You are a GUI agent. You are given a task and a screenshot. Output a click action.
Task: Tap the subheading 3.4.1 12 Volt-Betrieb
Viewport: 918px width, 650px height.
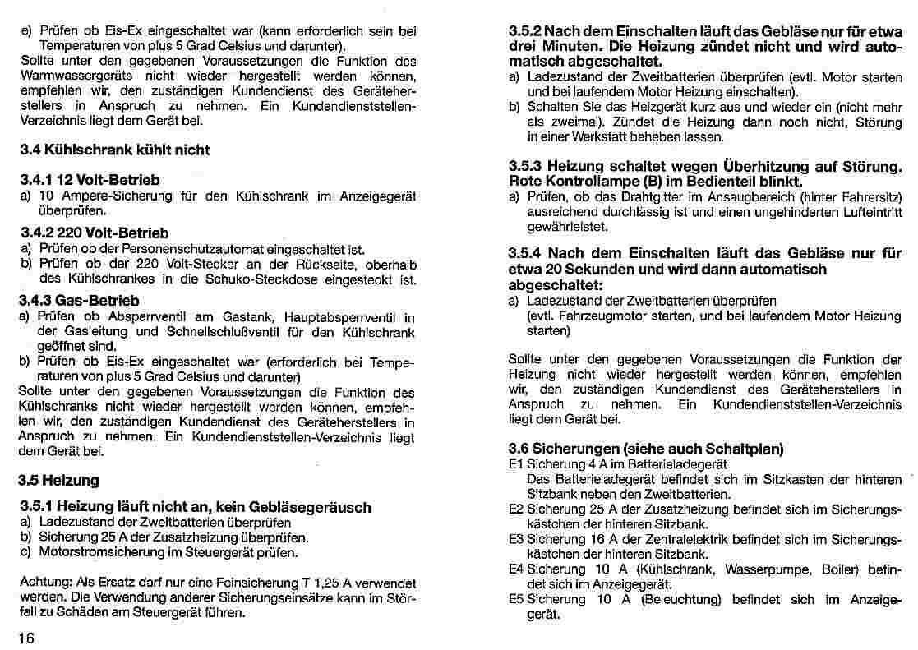tap(89, 179)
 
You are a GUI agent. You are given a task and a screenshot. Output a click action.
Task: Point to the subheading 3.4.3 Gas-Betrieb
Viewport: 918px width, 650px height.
tap(78, 301)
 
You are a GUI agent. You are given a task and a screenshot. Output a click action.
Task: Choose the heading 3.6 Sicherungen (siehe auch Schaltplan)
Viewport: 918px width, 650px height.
tap(646, 449)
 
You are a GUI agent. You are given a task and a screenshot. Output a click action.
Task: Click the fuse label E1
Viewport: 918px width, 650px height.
tap(516, 463)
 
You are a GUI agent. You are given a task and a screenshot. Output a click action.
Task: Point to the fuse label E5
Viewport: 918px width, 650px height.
tap(516, 599)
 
